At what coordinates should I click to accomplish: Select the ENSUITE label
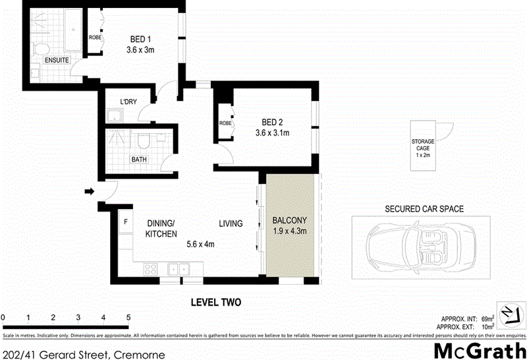[58, 60]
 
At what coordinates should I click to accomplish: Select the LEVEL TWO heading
[216, 303]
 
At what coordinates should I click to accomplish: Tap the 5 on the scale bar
[128, 318]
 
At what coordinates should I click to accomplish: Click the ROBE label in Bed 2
[225, 123]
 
